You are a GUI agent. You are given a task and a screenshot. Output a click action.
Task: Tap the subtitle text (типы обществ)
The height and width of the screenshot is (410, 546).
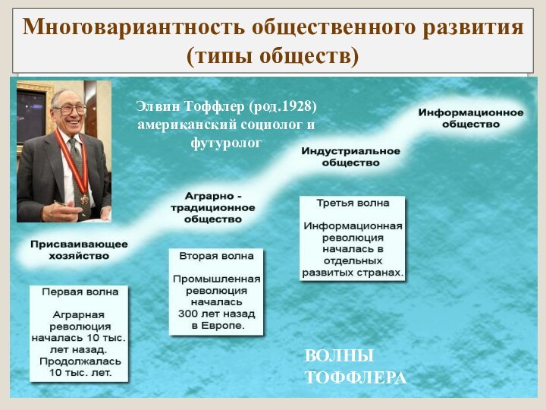tap(272, 55)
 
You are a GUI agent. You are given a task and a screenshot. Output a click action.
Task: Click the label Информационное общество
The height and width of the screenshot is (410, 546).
tap(470, 118)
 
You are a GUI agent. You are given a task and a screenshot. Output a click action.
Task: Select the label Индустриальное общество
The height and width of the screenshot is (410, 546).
tap(350, 156)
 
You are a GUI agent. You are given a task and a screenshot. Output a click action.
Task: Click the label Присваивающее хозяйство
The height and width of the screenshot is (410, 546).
tap(79, 251)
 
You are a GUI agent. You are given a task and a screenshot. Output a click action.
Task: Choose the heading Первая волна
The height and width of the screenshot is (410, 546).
tap(80, 292)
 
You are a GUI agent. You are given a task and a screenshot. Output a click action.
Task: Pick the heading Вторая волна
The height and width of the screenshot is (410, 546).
tap(216, 256)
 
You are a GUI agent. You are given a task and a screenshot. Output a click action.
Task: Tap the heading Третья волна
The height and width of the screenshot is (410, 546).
tap(353, 203)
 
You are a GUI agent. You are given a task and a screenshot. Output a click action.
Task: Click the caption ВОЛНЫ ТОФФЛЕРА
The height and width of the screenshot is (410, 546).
tap(355, 367)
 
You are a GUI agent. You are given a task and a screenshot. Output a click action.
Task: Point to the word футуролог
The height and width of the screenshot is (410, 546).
tap(226, 142)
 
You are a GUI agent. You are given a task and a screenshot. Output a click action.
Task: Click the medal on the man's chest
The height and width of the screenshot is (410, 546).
tap(84, 199)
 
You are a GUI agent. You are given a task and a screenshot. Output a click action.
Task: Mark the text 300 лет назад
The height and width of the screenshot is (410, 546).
tap(216, 313)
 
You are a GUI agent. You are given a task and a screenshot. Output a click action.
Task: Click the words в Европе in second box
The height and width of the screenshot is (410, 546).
tap(216, 325)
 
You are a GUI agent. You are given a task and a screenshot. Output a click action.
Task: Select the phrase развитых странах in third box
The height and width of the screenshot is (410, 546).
tap(353, 272)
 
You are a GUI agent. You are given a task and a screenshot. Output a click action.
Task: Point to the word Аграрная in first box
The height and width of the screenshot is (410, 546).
tap(79, 314)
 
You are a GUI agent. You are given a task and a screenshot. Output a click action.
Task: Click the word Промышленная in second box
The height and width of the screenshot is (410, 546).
tap(216, 279)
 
